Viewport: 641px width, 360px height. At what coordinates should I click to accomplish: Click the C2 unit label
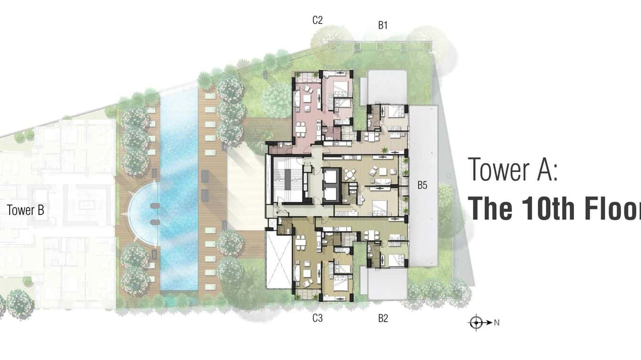317,20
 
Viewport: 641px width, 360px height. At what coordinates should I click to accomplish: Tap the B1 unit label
383,26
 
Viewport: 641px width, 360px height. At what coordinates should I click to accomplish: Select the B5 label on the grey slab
422,185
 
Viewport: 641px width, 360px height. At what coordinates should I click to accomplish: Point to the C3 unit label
317,318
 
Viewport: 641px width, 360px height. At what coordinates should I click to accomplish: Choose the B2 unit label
383,318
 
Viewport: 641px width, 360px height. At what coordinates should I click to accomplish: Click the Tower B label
26,210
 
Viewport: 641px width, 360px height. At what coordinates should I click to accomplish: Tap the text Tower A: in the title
513,169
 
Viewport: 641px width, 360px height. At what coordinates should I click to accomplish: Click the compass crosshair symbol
476,322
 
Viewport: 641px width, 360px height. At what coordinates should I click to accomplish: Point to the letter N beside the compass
497,323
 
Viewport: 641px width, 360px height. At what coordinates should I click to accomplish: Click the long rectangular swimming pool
179,191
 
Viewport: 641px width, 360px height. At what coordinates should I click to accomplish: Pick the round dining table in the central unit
352,176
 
